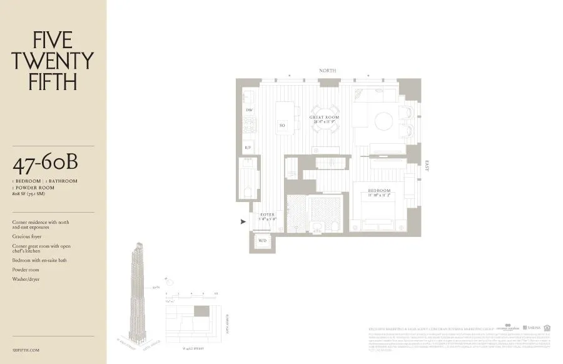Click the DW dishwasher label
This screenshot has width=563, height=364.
pyautogui.click(x=249, y=111)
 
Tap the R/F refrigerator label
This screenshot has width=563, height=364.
pyautogui.click(x=249, y=148)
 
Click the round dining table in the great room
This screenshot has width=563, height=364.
pyautogui.click(x=325, y=117)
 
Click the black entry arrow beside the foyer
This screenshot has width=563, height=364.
pyautogui.click(x=243, y=221)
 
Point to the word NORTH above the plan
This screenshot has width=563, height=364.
pyautogui.click(x=328, y=71)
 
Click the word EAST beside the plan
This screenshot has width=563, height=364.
pyautogui.click(x=428, y=166)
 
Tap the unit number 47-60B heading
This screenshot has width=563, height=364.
pyautogui.click(x=44, y=166)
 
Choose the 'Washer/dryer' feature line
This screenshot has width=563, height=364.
pyautogui.click(x=26, y=279)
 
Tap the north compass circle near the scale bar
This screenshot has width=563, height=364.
pyautogui.click(x=165, y=281)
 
